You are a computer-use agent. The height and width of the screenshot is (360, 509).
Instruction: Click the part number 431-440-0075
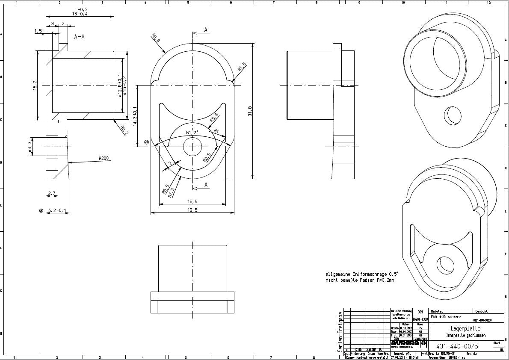coord(456,346)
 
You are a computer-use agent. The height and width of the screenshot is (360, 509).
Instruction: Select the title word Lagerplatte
coord(456,328)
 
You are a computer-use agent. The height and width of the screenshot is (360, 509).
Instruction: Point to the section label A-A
coord(79,37)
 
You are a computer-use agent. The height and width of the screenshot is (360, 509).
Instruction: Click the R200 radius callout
coord(104,158)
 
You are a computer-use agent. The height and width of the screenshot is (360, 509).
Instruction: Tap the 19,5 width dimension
coord(192,210)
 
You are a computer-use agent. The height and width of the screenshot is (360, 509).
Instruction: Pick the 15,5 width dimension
coord(192,201)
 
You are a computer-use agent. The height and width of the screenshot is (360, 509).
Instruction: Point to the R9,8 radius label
coord(156,38)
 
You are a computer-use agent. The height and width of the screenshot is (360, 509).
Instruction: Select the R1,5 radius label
coord(243,68)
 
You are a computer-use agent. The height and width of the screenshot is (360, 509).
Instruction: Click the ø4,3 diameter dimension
coord(30,147)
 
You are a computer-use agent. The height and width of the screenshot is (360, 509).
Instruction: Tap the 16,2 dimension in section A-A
coord(35,86)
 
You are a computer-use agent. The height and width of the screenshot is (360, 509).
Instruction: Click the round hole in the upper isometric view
coord(454,116)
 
